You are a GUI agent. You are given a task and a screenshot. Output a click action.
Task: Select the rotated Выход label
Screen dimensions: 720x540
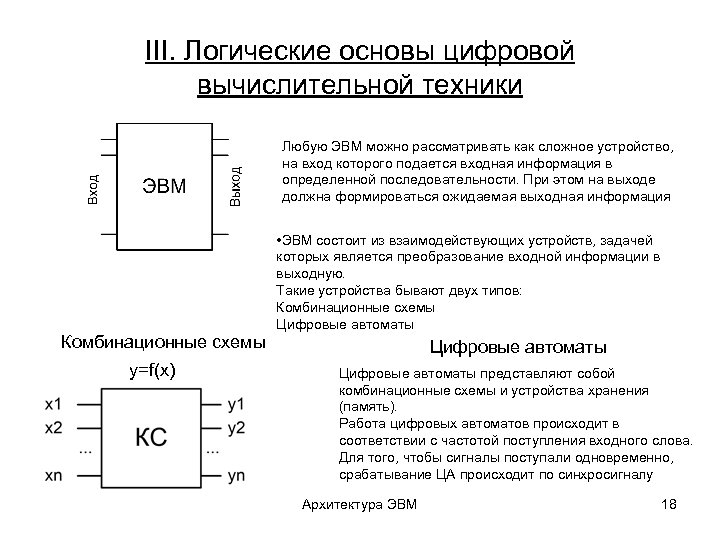pyautogui.click(x=235, y=186)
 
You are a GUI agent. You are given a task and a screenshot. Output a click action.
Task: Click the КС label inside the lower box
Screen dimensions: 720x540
pyautogui.click(x=151, y=438)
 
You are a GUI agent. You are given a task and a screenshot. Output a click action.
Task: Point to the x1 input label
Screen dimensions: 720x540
pyautogui.click(x=53, y=405)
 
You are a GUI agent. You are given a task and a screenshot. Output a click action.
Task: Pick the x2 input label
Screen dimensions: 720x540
pyautogui.click(x=53, y=427)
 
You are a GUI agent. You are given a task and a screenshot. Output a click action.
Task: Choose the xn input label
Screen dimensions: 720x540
pyautogui.click(x=53, y=476)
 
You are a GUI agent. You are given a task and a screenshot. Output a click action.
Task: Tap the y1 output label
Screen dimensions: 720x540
pyautogui.click(x=236, y=405)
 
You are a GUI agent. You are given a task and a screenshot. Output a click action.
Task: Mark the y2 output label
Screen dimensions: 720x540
pyautogui.click(x=236, y=428)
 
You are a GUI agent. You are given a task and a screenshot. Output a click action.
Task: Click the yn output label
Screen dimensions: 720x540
pyautogui.click(x=236, y=476)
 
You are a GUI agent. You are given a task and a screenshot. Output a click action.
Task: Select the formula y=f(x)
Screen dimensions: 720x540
pyautogui.click(x=152, y=371)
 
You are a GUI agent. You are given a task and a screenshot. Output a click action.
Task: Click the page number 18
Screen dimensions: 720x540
pyautogui.click(x=669, y=503)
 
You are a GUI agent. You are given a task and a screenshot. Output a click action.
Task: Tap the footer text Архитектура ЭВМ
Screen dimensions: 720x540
pyautogui.click(x=359, y=503)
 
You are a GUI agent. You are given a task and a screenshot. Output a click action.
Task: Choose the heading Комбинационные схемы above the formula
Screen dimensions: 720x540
pyautogui.click(x=163, y=342)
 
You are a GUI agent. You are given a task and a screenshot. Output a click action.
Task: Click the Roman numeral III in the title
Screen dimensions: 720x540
pyautogui.click(x=160, y=51)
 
